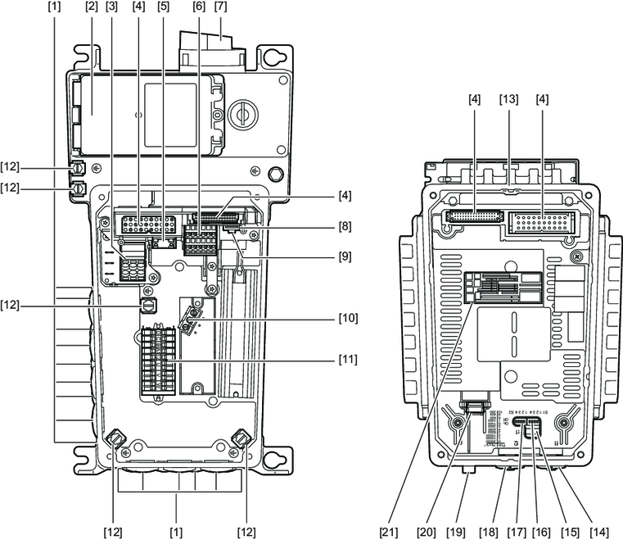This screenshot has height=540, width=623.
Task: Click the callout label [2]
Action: point(91,7)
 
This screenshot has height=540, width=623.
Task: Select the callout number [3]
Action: point(112,7)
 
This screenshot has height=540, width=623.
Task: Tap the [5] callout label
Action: point(163,7)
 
